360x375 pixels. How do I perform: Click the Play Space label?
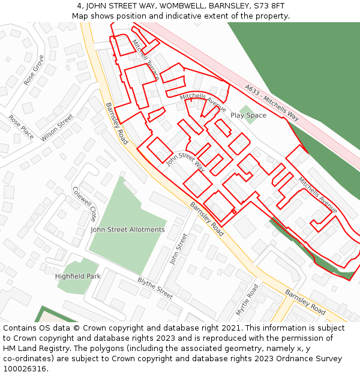(x=248, y=115)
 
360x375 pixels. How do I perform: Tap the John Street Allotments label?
(x=127, y=230)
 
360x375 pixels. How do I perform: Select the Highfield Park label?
(x=78, y=277)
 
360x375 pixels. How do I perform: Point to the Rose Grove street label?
(x=34, y=70)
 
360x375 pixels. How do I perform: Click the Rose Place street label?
(x=21, y=127)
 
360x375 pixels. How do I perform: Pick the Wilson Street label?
(x=57, y=128)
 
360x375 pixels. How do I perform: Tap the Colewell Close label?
(x=84, y=203)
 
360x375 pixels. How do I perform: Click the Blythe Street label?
(x=155, y=289)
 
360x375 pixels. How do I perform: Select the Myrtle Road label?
(x=247, y=300)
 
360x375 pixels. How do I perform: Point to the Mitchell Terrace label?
(x=145, y=60)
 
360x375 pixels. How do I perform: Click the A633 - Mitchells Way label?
(x=271, y=103)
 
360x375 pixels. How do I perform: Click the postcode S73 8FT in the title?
(x=268, y=6)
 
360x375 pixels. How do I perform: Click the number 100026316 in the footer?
(x=25, y=369)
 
